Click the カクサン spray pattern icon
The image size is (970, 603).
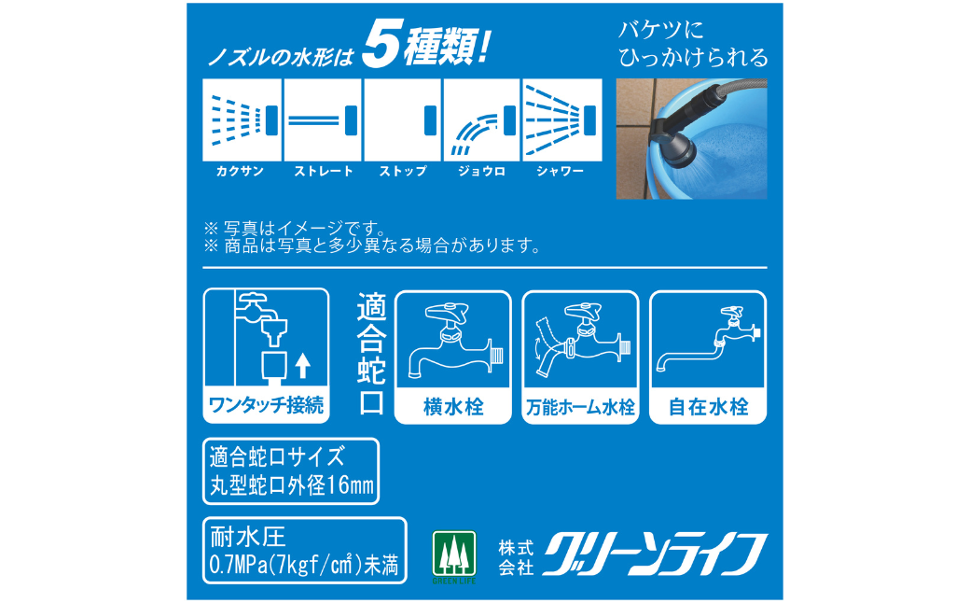pos(242,120)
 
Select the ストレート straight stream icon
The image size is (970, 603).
pos(323,120)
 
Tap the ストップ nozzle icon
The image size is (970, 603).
pos(402,120)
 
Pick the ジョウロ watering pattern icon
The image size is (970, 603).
pos(481,120)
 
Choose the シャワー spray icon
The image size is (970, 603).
pos(561,120)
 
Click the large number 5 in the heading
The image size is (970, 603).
pos(382,44)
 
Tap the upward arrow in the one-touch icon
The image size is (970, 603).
pos(302,365)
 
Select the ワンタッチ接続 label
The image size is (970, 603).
pos(266,405)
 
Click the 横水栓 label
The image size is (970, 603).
pos(453,407)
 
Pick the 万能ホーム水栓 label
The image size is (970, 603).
pos(580,407)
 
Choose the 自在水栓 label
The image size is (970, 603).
pos(708,407)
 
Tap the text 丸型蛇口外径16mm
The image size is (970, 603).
pos(291,485)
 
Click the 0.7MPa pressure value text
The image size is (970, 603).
pos(304,565)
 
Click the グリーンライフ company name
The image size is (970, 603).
pos(655,554)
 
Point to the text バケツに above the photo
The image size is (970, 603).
pos(661,30)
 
